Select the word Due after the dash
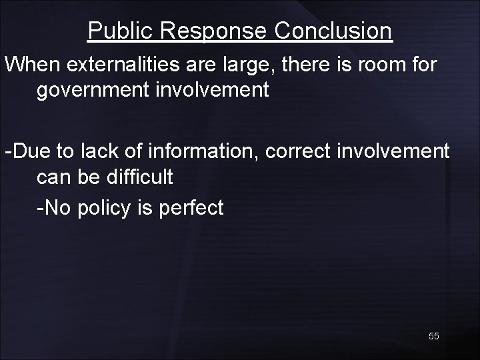28,151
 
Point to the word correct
298,151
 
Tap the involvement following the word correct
393,151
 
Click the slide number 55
434,337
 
